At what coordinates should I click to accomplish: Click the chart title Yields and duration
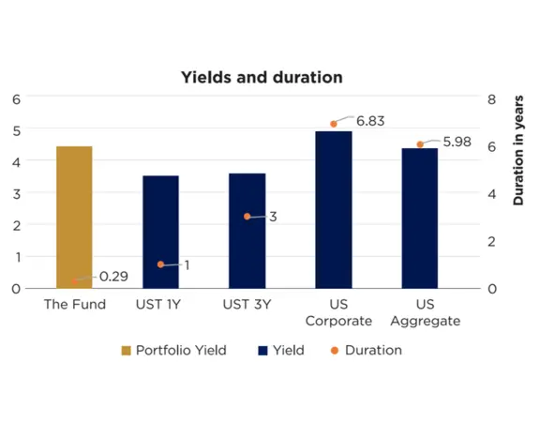point(262,77)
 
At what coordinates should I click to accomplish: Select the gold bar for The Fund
point(74,217)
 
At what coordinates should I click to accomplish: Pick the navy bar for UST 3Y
point(247,230)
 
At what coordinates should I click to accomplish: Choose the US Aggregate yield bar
point(420,218)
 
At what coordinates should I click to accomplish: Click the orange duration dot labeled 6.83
point(334,124)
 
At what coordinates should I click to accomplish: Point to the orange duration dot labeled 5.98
point(420,144)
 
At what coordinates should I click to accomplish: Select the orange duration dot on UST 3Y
point(247,217)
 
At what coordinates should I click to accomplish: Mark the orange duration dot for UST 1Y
point(160,264)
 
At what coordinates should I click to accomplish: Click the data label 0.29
point(112,277)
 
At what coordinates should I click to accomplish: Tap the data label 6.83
point(370,120)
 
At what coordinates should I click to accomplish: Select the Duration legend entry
point(373,350)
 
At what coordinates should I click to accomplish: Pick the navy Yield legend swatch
point(262,351)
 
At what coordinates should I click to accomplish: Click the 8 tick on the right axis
point(493,98)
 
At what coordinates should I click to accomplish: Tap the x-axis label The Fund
point(74,304)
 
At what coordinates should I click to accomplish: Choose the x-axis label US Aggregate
point(425,312)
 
